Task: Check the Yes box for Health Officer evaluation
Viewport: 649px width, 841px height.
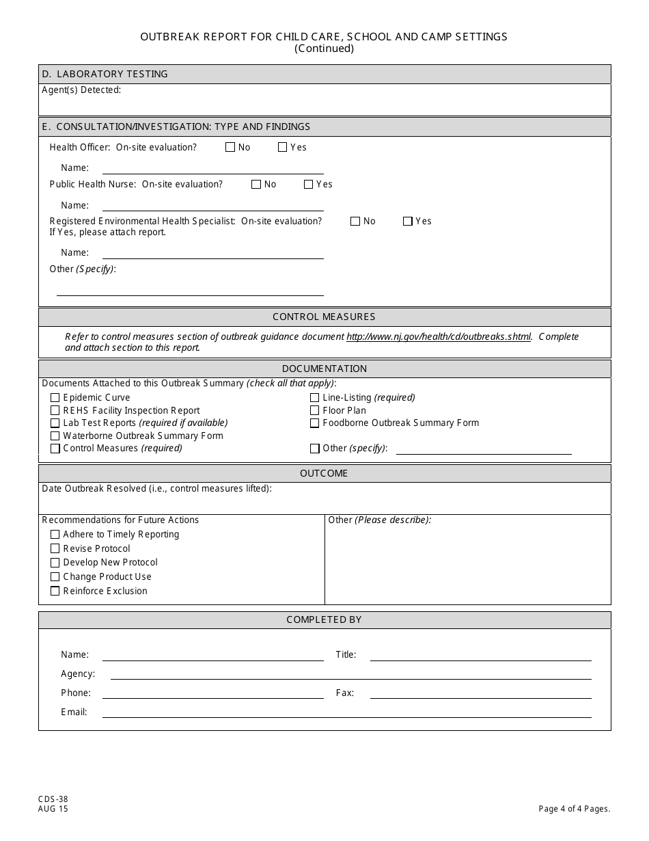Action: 283,147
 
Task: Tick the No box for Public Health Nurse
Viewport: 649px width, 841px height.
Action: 256,184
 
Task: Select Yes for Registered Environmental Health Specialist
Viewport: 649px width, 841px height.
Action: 408,221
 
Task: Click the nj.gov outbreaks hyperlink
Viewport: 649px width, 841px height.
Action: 439,336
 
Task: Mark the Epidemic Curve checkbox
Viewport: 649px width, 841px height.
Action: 55,397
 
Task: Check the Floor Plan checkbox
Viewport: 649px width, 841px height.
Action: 315,410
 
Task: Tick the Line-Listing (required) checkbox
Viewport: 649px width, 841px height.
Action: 315,397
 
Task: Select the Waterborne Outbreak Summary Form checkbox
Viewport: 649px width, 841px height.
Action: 55,436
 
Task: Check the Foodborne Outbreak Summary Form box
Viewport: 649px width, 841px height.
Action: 315,423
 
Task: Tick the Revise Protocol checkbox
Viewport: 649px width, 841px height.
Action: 55,548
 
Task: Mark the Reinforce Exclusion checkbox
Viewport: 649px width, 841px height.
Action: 55,591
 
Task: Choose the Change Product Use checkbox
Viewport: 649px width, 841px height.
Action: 55,576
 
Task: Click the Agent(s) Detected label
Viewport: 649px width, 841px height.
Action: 81,90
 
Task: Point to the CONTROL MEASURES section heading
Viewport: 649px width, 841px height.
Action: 324,317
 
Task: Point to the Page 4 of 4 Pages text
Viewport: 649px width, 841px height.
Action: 574,809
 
